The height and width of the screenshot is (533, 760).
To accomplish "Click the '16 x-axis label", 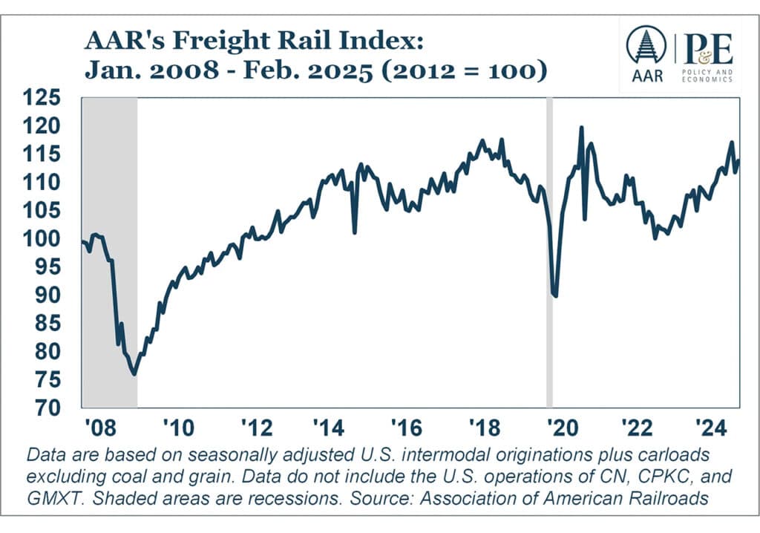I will coord(406,428).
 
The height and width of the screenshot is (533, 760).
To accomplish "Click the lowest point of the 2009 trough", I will coord(134,373).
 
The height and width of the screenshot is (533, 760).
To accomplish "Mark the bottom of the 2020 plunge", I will coord(556,296).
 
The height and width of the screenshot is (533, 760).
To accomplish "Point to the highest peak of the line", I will coord(581,128).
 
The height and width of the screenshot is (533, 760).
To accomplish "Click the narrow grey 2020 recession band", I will coord(550,252).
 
